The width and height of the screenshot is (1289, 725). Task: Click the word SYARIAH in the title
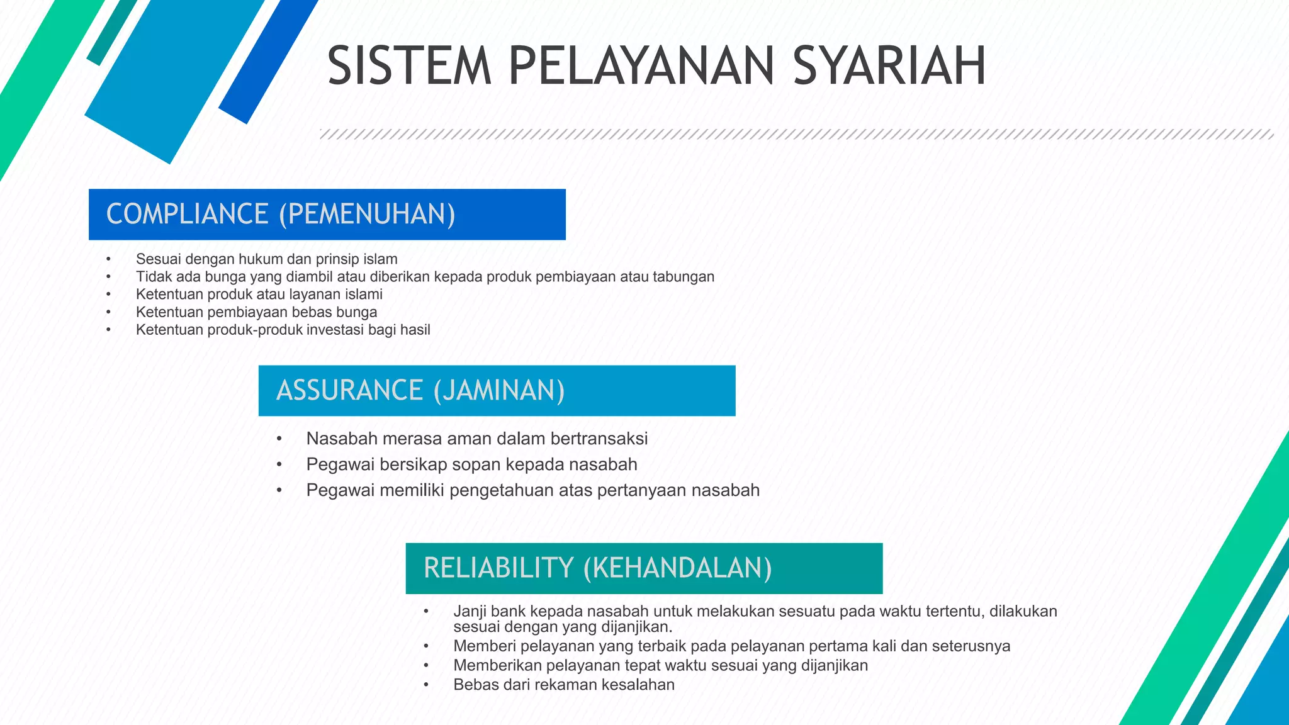click(x=889, y=66)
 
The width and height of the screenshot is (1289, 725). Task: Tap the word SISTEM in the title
click(x=409, y=66)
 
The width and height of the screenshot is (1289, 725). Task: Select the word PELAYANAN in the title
click(x=641, y=66)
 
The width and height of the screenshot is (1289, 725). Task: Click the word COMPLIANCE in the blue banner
click(x=188, y=214)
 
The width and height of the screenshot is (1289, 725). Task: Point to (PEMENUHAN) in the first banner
click(x=367, y=214)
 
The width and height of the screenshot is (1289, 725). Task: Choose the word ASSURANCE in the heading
click(x=349, y=390)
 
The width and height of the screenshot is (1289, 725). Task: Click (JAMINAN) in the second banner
click(x=499, y=390)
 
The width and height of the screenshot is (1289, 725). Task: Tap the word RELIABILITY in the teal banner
click(x=498, y=568)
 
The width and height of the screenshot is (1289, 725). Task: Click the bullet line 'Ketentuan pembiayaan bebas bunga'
click(x=256, y=312)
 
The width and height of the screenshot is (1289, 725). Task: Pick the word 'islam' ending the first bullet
click(x=380, y=259)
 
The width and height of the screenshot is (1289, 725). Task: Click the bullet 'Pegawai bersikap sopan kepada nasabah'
click(x=471, y=464)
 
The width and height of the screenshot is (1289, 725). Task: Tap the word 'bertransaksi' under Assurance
click(x=599, y=439)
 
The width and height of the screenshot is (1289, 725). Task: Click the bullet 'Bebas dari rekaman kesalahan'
click(x=563, y=685)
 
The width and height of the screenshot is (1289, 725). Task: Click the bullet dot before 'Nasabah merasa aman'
click(x=279, y=439)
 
